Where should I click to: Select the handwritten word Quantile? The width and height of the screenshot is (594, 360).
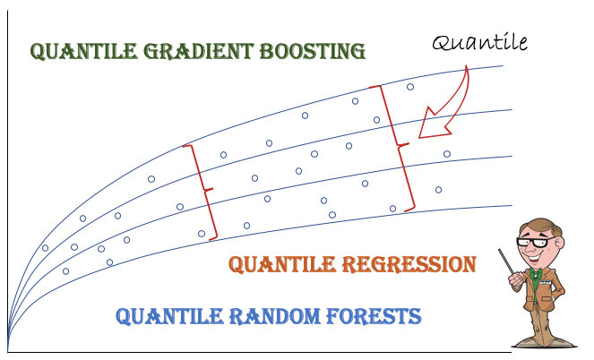479,42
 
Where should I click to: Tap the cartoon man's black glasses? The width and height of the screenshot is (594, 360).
536,240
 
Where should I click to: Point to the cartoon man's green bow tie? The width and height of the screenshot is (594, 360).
538,274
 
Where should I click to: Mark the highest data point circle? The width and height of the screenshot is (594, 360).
410,87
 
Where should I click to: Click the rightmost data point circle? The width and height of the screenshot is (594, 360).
447,154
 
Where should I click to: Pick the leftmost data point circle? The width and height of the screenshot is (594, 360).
45,248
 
